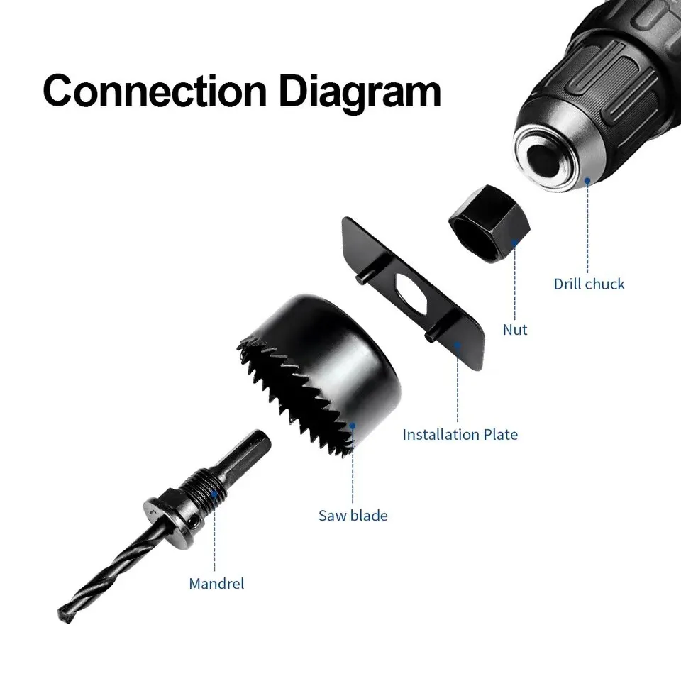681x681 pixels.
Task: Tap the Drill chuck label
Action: [589, 284]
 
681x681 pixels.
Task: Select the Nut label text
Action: [515, 330]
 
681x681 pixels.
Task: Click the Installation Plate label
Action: [460, 434]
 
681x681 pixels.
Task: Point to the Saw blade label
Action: [353, 515]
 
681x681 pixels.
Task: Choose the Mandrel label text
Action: [216, 584]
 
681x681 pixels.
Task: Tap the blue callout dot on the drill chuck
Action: [587, 181]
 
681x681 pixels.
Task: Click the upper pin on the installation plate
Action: [362, 279]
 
